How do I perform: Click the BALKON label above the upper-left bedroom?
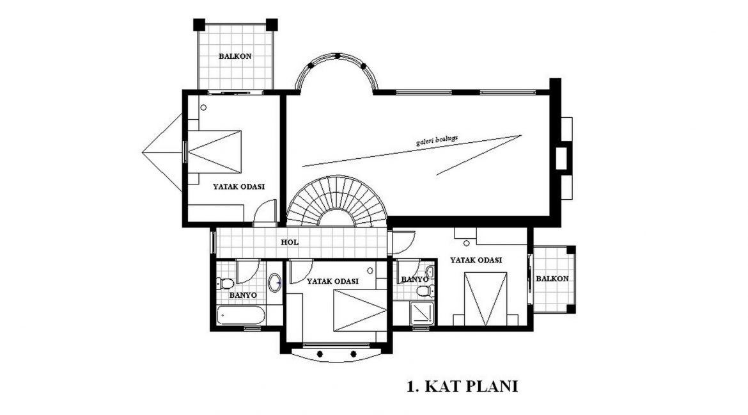235,56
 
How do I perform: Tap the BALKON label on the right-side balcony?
552,278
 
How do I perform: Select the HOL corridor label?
290,242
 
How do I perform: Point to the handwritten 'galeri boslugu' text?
437,140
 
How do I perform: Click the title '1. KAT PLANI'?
462,386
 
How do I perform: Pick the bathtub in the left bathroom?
241,316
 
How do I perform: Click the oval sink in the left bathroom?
275,282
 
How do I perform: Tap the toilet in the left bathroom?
225,284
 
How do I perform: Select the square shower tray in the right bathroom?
422,313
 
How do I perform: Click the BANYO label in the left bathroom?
243,295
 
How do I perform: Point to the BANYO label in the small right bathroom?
414,279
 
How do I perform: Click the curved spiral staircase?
338,201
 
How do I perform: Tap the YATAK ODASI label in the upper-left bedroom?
238,186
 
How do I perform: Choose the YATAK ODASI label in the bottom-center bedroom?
332,281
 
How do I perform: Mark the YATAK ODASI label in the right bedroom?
476,260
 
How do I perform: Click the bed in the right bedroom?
486,299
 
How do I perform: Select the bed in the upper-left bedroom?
215,151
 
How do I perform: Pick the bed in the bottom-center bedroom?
360,310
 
